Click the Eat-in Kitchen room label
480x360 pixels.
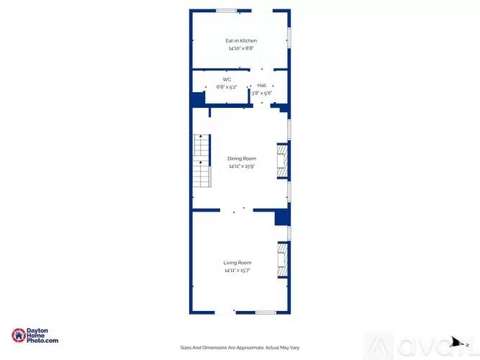241,41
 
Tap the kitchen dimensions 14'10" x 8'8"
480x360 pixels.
241,48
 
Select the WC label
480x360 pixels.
227,80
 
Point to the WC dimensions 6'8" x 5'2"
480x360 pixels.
227,87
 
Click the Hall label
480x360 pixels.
262,86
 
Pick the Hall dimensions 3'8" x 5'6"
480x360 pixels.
262,93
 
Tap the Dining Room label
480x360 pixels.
242,158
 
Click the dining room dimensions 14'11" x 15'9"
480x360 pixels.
242,166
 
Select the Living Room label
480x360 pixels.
237,263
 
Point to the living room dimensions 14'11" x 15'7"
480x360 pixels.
237,271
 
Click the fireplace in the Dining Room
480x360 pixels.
283,161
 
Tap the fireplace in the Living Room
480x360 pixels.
283,260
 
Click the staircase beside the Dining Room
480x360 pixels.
201,161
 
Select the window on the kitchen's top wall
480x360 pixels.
226,11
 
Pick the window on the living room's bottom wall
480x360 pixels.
266,312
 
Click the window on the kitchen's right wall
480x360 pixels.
289,38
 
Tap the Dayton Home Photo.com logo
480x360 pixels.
35,336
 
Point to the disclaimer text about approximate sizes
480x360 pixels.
240,348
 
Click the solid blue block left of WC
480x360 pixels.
198,99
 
